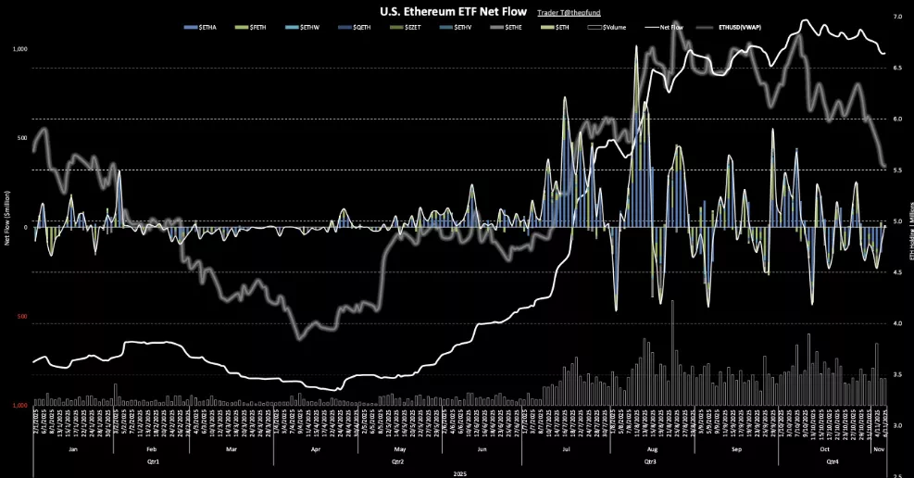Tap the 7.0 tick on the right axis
click(896, 17)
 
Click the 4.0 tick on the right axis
click(896, 323)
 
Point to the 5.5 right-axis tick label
click(896, 170)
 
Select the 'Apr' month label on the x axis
click(315, 448)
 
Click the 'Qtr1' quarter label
click(153, 460)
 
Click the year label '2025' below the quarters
click(460, 472)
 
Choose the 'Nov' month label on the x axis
click(879, 448)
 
